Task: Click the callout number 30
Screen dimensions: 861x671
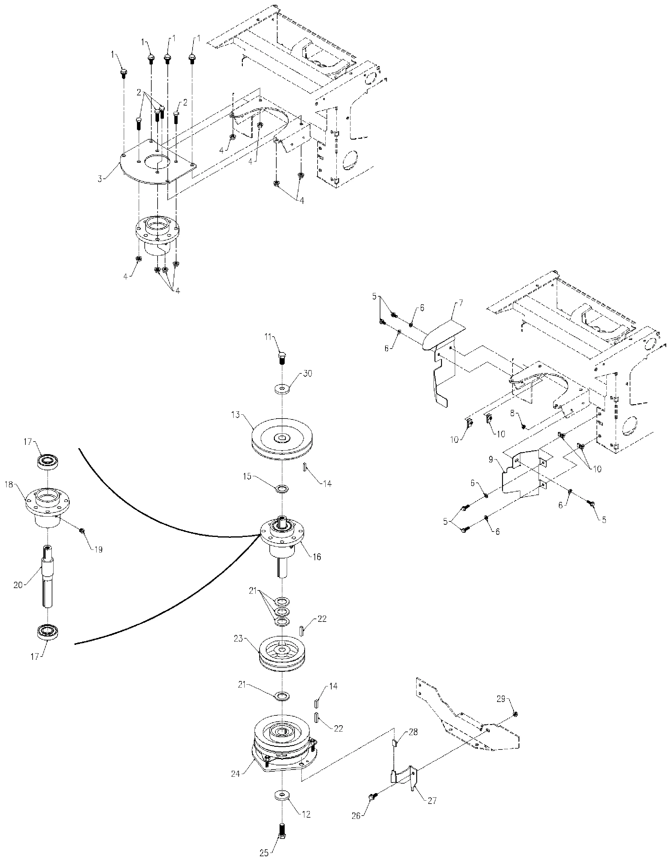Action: tap(307, 374)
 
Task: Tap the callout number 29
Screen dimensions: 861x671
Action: tap(501, 699)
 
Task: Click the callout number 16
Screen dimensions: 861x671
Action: tap(317, 557)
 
